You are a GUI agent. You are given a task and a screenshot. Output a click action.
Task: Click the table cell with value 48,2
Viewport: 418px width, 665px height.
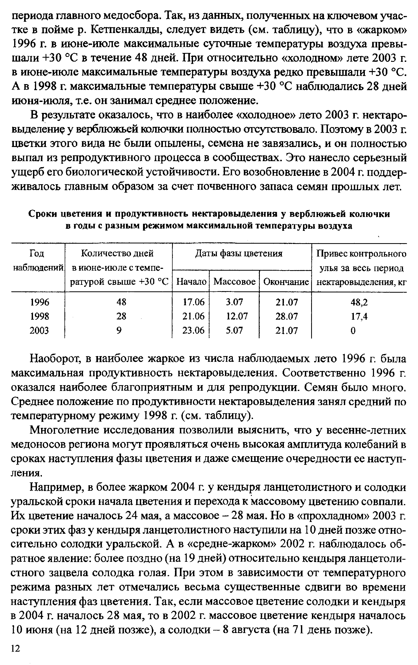tap(359, 302)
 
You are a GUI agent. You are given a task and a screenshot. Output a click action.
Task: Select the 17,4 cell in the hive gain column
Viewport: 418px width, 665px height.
tap(359, 316)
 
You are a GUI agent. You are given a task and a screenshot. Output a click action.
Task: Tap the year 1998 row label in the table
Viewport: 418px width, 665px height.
tap(40, 316)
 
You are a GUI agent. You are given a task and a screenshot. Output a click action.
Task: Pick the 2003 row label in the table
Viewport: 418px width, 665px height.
tap(40, 330)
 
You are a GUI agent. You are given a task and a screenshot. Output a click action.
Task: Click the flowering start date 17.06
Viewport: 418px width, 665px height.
tap(194, 302)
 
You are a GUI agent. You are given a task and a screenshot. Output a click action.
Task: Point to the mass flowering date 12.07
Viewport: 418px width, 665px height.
tap(237, 316)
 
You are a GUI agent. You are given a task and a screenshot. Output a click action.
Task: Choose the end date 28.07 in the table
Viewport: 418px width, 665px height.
tap(287, 316)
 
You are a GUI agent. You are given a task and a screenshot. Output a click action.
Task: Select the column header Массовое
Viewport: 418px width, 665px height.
tap(234, 282)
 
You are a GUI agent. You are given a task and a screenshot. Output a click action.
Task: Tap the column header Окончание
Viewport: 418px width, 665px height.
tap(286, 282)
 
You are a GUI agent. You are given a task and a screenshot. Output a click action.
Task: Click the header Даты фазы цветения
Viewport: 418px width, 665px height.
tap(239, 254)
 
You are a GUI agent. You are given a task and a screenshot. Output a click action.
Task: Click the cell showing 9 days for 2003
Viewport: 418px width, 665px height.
tap(119, 330)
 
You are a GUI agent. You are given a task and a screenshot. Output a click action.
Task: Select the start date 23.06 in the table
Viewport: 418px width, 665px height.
tap(194, 330)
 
